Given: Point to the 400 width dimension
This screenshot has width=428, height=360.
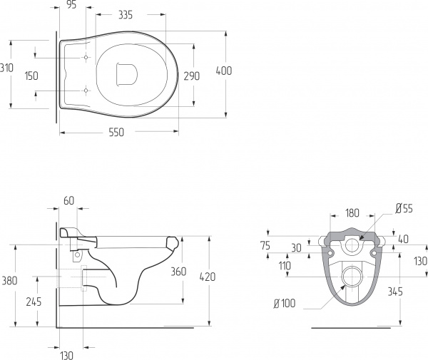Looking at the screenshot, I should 225,71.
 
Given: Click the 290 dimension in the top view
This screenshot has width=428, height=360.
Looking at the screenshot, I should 192,76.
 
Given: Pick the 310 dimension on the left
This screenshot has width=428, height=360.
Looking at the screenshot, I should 7,68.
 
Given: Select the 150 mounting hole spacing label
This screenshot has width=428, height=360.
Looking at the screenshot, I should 31,76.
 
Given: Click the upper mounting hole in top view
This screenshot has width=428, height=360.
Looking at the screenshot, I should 86,57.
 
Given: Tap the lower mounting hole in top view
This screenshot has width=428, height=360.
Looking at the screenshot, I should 86,91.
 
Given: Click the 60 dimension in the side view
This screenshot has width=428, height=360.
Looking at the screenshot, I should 68,202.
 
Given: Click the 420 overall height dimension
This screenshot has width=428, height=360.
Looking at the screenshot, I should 208,277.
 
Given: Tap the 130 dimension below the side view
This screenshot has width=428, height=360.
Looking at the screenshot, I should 66,354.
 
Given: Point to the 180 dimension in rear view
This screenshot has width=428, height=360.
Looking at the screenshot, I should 352,212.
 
